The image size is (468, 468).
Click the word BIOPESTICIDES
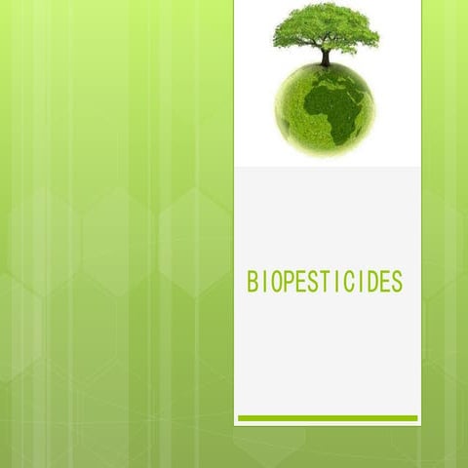[325, 283]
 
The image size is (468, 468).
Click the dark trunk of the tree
[325, 58]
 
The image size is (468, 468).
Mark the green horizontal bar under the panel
[328, 418]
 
